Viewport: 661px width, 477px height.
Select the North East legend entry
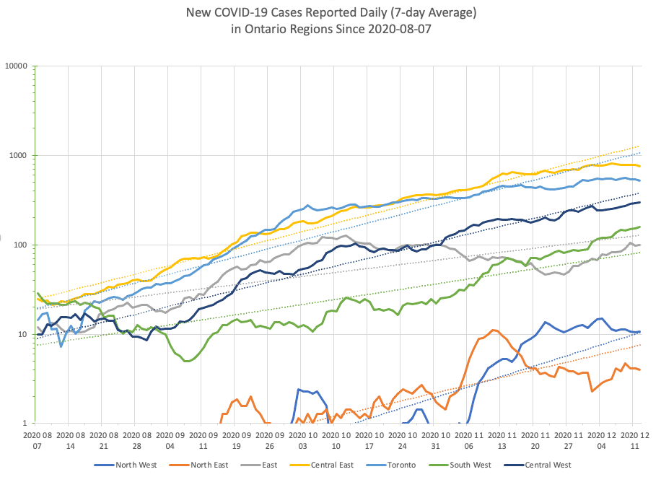click(x=209, y=465)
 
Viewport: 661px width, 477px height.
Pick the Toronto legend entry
click(x=403, y=465)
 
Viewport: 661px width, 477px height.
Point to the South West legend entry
click(x=468, y=465)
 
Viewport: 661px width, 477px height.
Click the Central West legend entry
click(x=546, y=465)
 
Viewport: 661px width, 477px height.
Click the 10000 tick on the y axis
click(x=16, y=66)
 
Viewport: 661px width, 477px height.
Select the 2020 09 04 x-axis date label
click(x=168, y=441)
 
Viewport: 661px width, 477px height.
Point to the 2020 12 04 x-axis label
click(x=601, y=441)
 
